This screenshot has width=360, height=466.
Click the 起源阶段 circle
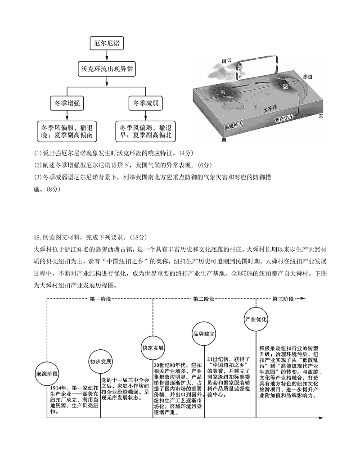(x=47, y=374)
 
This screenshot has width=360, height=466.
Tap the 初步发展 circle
(x=100, y=362)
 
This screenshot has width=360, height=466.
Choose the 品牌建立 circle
(x=204, y=334)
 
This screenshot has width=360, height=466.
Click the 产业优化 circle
(x=256, y=319)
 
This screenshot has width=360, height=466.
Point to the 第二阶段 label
(x=203, y=299)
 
